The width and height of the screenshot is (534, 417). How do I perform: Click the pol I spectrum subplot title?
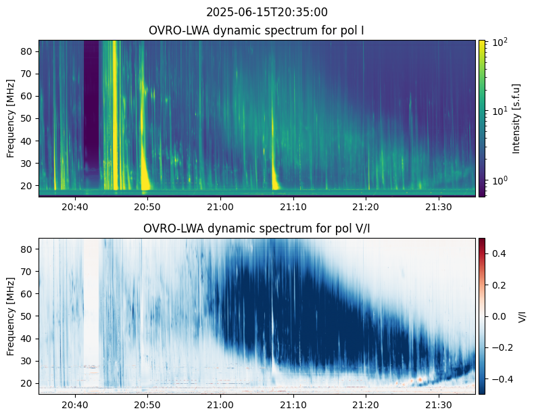[x=258, y=30]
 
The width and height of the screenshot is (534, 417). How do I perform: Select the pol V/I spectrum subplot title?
[x=258, y=228]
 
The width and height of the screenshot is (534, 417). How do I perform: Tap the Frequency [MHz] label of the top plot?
[x=11, y=118]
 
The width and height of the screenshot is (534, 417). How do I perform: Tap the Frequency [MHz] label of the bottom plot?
[x=11, y=316]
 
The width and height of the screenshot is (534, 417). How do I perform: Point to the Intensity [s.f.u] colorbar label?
[x=517, y=118]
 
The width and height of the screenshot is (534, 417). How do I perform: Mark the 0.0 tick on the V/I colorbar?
[x=499, y=316]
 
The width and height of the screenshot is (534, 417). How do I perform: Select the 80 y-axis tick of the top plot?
[x=28, y=51]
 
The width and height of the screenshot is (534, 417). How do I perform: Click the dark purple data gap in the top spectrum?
[x=91, y=101]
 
